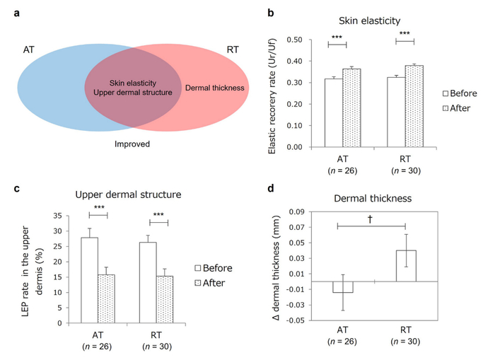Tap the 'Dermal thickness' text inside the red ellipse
point(214,88)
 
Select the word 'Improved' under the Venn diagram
point(132,144)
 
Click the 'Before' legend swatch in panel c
point(200,268)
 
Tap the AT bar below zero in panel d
point(342,287)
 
